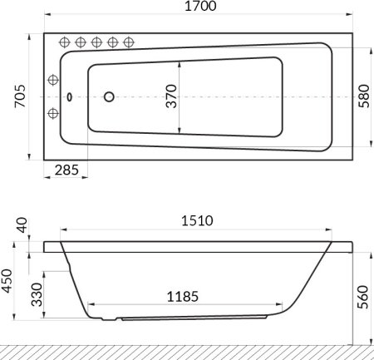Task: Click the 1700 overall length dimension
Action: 200,6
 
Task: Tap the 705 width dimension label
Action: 20,96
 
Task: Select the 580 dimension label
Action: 364,96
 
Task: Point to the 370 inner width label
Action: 171,96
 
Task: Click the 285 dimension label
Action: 66,170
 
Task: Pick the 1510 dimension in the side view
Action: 197,221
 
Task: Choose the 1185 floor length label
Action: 183,297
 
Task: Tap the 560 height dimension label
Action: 362,297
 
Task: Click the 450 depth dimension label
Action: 7,281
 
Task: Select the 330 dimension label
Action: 37,294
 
